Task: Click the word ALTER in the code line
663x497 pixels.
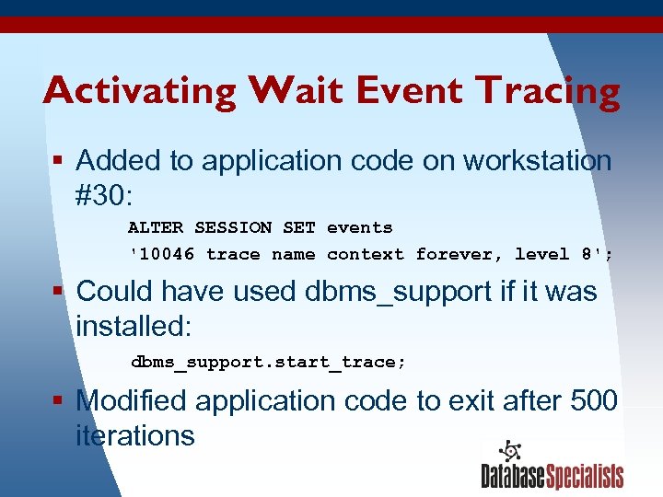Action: pyautogui.click(x=155, y=227)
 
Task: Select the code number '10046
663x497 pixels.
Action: pyautogui.click(x=162, y=254)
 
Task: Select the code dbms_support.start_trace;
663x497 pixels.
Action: pyautogui.click(x=267, y=362)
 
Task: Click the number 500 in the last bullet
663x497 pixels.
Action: pyautogui.click(x=594, y=400)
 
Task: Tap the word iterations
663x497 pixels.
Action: pyautogui.click(x=135, y=435)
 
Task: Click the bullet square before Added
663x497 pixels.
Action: pyautogui.click(x=57, y=162)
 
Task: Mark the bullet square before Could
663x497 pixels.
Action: pyautogui.click(x=57, y=293)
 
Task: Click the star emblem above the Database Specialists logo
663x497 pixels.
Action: pyautogui.click(x=510, y=452)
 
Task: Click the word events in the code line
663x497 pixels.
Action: pyautogui.click(x=359, y=227)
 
